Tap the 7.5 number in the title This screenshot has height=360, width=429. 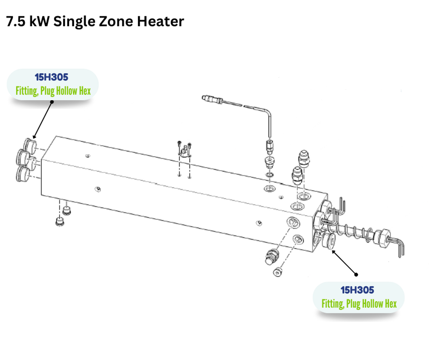16,21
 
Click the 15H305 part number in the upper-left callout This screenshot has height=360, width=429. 52,77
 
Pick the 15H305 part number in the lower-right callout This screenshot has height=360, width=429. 357,290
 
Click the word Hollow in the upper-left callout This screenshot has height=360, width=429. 67,91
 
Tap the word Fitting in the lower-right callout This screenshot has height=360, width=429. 333,304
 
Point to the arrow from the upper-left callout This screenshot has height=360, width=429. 43,120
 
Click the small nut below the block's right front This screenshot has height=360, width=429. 277,272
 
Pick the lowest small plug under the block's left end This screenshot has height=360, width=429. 60,221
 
